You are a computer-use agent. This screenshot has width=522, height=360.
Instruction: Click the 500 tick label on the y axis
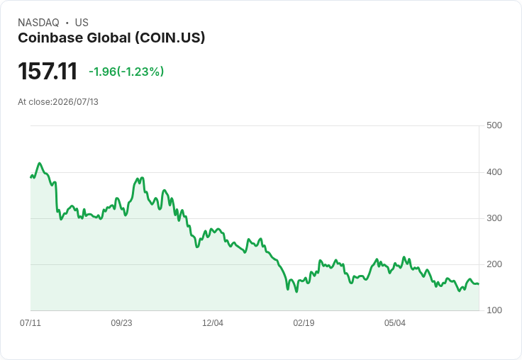coord(494,125)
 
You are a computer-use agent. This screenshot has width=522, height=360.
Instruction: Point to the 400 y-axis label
coord(494,172)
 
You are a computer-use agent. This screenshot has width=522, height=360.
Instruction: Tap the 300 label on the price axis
coord(494,218)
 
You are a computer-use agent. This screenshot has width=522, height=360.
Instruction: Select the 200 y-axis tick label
coord(494,264)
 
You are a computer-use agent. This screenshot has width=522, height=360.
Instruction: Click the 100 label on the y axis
coord(494,310)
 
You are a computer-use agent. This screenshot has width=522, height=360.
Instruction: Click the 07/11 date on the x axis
coord(30,322)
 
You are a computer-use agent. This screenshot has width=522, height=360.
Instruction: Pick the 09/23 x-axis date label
coord(121,322)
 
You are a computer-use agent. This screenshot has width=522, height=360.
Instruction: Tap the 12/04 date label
coord(213,322)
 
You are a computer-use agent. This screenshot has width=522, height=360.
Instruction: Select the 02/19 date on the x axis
coord(304,322)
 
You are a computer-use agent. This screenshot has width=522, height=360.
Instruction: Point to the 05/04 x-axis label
coord(395,322)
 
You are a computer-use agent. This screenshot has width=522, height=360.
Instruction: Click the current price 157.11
coord(48,71)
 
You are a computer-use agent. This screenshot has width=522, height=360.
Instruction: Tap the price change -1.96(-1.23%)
coord(126,72)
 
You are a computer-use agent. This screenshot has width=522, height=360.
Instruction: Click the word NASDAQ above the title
coord(38,23)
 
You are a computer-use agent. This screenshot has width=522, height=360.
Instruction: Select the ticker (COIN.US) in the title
coord(170,38)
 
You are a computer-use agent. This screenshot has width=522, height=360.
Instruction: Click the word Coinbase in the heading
coord(50,38)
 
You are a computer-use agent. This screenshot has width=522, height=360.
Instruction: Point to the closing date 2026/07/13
coord(76,102)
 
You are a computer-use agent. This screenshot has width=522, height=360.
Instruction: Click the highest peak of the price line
coord(40,163)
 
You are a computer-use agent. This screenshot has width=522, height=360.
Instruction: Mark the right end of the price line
coord(479,283)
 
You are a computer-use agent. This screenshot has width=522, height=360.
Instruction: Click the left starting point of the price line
coord(30,177)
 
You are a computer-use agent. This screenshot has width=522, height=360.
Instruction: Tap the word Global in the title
coord(109,38)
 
